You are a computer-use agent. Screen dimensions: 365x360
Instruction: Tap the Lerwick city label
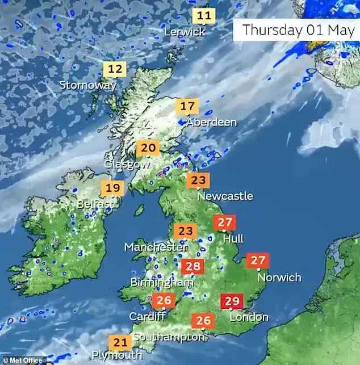(184, 32)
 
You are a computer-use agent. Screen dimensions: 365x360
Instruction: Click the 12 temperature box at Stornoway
(115, 70)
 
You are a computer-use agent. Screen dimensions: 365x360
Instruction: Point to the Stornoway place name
(87, 86)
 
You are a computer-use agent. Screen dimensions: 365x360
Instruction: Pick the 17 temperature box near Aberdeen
(187, 106)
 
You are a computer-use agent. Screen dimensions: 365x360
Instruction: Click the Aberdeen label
(211, 123)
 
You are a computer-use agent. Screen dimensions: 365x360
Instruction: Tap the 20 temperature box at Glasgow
(148, 149)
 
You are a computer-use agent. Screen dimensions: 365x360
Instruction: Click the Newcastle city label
(225, 196)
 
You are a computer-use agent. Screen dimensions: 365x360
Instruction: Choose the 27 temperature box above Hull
(226, 223)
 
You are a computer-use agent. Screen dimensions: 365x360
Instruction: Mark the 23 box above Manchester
(185, 232)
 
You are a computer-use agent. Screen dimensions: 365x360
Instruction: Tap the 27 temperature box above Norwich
(258, 261)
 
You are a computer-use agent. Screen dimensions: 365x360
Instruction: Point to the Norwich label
(279, 278)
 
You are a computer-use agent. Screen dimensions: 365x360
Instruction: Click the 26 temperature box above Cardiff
(164, 300)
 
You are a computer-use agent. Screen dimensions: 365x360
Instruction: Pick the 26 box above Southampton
(203, 321)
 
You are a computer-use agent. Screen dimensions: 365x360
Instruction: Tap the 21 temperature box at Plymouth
(120, 342)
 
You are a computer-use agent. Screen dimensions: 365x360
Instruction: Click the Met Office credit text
(23, 360)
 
